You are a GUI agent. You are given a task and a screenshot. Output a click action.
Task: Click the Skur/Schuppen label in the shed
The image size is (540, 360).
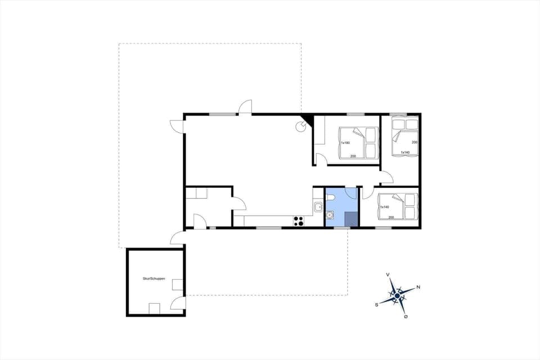[154, 278]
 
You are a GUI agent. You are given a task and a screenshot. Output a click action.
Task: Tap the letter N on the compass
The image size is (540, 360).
[418, 287]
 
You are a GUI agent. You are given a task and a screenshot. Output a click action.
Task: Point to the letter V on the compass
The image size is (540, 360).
[389, 274]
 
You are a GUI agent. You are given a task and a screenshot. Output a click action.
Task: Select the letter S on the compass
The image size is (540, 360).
[376, 304]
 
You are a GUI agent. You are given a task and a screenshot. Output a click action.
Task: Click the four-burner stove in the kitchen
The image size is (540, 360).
[299, 221]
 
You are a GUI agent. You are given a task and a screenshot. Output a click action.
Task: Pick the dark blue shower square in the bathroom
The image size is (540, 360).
[351, 219]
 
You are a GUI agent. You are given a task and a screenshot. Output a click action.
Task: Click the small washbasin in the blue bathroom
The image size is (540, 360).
[330, 214]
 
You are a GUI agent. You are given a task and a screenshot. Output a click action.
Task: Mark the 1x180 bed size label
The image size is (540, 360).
[345, 143]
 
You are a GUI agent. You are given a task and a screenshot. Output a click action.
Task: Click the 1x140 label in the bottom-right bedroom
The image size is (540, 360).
[385, 206]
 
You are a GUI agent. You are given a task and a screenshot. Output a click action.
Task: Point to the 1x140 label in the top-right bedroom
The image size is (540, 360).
[405, 152]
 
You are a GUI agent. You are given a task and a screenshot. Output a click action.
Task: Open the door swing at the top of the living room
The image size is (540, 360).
[245, 107]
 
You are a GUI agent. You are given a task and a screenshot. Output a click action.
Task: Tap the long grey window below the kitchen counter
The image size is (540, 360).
[269, 228]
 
